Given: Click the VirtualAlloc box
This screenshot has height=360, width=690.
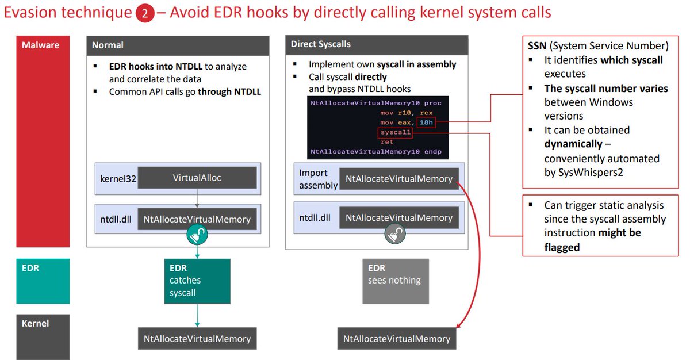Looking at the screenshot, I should coord(197,178).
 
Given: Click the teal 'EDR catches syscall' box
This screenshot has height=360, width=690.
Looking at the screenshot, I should coord(197,281).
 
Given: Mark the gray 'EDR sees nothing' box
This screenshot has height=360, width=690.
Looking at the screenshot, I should coord(395,281).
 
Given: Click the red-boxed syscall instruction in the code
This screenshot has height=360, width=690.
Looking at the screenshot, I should coord(396,132).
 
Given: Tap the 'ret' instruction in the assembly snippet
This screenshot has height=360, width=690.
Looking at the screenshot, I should coord(386,141).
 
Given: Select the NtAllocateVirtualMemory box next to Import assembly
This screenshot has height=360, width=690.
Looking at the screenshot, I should coord(399,179).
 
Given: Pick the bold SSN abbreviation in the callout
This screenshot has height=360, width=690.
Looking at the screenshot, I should coord(538,46).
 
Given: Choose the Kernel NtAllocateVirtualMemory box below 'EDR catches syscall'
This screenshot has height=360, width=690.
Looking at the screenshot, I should coord(197,339).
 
